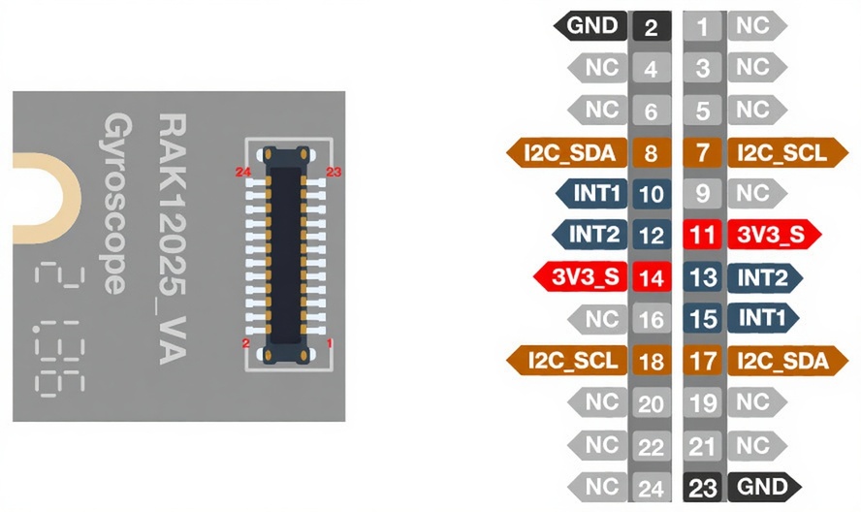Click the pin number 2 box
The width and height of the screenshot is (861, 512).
pyautogui.click(x=651, y=26)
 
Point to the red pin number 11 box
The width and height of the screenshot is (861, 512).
pyautogui.click(x=703, y=235)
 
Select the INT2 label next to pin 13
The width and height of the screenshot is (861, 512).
pyautogui.click(x=764, y=277)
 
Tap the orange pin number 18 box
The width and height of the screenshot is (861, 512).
pyautogui.click(x=651, y=362)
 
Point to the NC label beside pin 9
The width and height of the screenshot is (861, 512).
pyautogui.click(x=753, y=193)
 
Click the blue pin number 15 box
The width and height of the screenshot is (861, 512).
pyautogui.click(x=703, y=318)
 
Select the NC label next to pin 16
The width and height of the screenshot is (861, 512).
pyautogui.click(x=600, y=318)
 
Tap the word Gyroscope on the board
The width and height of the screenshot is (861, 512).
pyautogui.click(x=117, y=204)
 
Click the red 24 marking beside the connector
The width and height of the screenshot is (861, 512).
pyautogui.click(x=244, y=172)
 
